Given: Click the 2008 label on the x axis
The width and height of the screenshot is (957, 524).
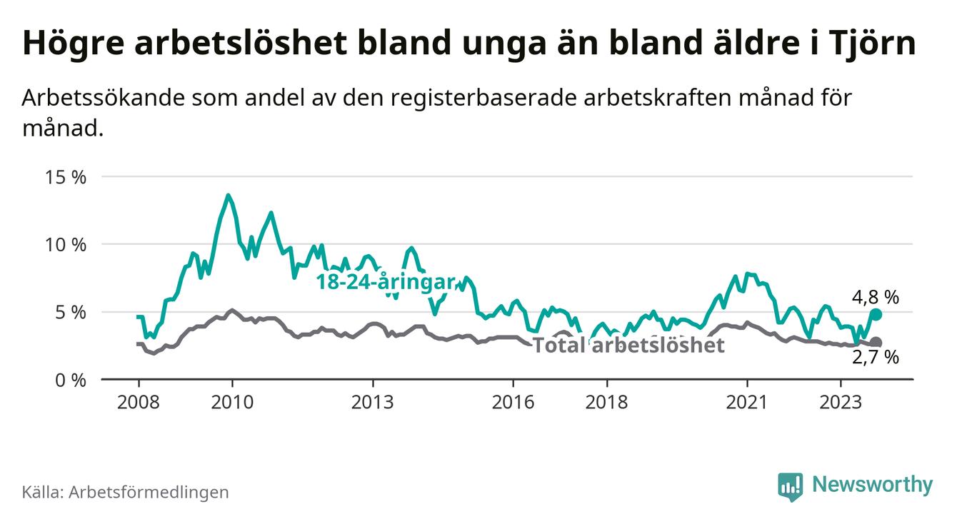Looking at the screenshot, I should [138, 402].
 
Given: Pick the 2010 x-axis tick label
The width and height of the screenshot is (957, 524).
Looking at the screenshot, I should [232, 402].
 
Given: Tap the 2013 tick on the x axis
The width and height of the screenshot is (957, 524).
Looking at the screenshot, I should [373, 402].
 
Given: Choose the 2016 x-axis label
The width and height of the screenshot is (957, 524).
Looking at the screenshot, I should [513, 402].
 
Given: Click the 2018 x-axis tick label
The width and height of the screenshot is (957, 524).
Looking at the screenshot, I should [607, 402].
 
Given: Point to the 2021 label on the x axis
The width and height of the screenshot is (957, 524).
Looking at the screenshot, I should [747, 402].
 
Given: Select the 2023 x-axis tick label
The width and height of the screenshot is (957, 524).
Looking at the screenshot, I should [841, 402].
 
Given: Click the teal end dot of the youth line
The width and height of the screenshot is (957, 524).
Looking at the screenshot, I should [876, 314].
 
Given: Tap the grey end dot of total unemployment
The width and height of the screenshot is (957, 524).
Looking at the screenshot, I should [876, 343].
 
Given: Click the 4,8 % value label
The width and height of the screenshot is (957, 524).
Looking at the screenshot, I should [875, 296].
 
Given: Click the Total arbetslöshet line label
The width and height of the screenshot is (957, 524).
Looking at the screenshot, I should [628, 346].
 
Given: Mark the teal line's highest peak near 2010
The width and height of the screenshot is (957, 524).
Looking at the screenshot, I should [228, 195].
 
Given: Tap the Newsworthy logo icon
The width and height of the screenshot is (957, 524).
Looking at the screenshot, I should [790, 485].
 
